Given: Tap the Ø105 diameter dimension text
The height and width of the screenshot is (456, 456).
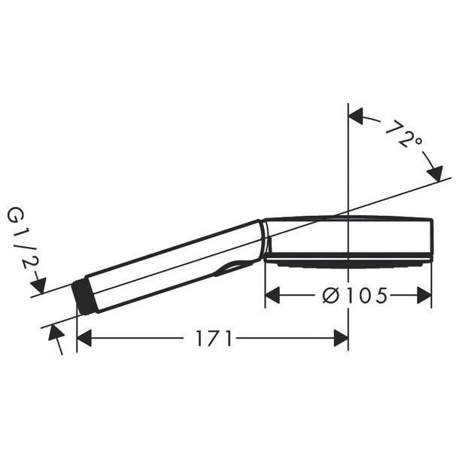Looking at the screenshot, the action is point(355,296).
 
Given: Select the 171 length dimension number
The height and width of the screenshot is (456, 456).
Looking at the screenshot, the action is point(214,338).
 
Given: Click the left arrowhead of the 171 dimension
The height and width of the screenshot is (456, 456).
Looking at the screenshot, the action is point(84,338).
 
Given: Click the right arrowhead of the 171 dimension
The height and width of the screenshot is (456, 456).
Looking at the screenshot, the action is point(341,338).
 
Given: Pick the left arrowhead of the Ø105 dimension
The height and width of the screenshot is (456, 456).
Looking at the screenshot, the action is point(272,296).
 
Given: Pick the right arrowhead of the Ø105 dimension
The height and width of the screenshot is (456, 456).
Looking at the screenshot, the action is point(424,296).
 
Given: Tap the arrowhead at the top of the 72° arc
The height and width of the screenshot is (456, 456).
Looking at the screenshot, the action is point(356,116).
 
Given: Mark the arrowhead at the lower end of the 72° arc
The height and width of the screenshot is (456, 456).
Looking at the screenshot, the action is point(435,173).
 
